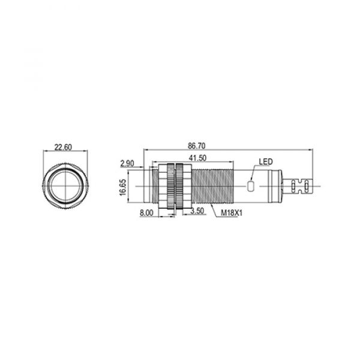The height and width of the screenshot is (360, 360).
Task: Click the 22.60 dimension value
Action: click(63, 147)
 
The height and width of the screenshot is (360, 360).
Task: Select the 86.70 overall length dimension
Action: click(197, 146)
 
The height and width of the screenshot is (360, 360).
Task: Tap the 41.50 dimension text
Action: click(197, 158)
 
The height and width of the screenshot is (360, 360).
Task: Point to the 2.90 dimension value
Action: click(127, 163)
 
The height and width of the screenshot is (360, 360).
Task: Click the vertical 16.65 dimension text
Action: click(123, 187)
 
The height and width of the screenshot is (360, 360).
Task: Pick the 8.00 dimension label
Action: click(146, 213)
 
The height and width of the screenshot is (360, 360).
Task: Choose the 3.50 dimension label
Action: click(197, 211)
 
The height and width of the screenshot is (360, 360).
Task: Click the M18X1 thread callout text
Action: click(232, 213)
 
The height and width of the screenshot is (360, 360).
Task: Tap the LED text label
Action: click(266, 161)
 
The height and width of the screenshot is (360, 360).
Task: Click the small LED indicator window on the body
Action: click(250, 186)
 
